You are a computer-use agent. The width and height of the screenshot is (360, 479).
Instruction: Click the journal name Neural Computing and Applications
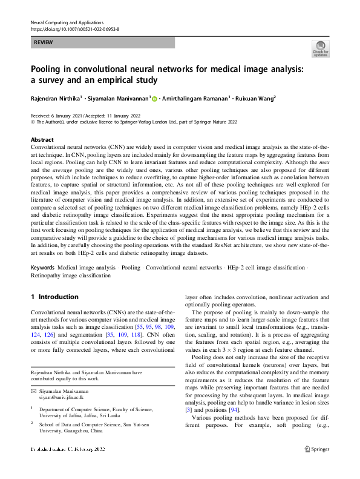(67, 22)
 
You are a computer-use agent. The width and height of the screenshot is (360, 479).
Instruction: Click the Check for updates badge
(320, 49)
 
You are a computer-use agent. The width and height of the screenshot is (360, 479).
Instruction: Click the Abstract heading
(42, 139)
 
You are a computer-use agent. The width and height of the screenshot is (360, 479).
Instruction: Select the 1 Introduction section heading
(54, 297)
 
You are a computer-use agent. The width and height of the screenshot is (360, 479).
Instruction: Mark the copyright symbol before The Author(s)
(33, 122)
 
